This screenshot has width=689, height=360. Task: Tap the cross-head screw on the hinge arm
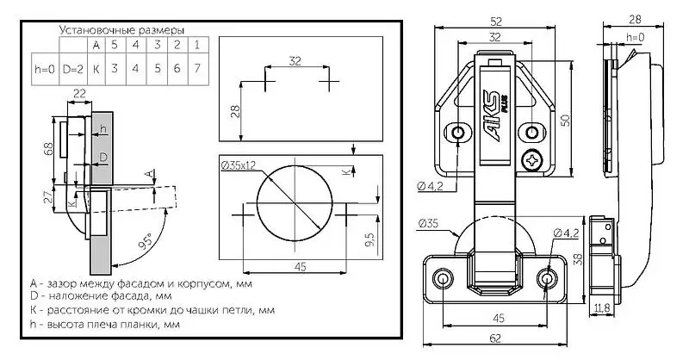tap(534, 159)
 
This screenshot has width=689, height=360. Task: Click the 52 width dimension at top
tap(495, 21)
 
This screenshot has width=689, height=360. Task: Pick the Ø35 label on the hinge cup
tap(428, 224)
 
